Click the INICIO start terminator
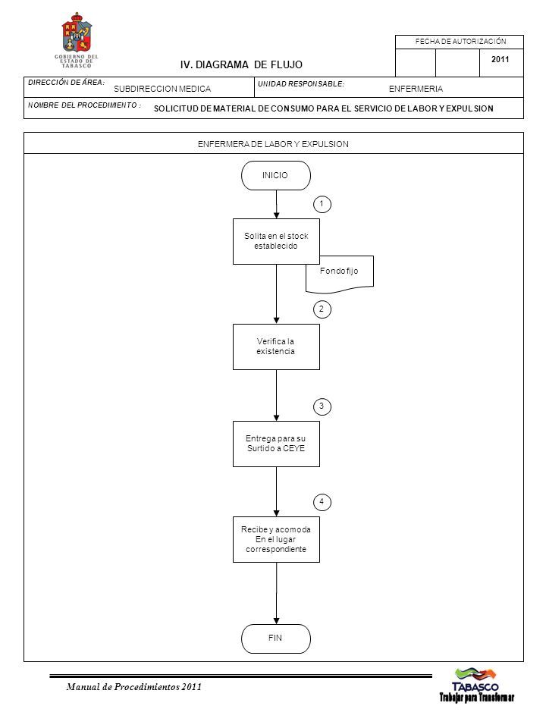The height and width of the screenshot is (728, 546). (x=276, y=175)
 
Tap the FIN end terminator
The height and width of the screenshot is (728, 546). (x=276, y=639)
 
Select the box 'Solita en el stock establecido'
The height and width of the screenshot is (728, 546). (x=276, y=241)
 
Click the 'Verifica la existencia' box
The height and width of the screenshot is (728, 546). (x=276, y=347)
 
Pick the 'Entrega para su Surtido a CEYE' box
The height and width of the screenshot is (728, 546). (x=276, y=444)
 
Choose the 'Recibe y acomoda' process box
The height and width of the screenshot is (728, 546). (x=276, y=539)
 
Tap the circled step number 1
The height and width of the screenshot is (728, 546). (x=322, y=204)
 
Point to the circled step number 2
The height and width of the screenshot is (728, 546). (x=322, y=309)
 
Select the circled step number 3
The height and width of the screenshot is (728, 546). (x=322, y=406)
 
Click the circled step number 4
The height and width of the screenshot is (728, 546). (x=322, y=502)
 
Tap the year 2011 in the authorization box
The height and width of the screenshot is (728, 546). (x=500, y=59)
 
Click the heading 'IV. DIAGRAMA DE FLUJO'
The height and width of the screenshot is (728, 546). (x=241, y=65)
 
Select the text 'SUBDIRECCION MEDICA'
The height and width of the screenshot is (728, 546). (x=162, y=89)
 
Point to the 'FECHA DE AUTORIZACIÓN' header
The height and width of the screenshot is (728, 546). (x=460, y=41)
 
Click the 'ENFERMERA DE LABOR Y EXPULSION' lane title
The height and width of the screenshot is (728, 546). (x=273, y=144)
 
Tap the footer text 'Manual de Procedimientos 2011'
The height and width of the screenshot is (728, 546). (x=133, y=687)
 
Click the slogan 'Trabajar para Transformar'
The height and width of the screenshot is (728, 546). (x=477, y=698)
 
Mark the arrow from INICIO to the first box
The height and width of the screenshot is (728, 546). (x=276, y=204)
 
